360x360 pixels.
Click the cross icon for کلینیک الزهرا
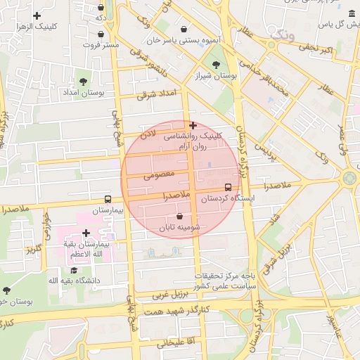point(37,15)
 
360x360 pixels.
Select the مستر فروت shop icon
point(101,34)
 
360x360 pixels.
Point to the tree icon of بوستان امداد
point(84,83)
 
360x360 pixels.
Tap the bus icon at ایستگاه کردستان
point(228,187)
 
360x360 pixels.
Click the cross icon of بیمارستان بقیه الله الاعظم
point(86,233)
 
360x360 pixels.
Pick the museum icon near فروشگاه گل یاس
point(352,13)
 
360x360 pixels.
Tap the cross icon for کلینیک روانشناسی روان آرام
point(193,125)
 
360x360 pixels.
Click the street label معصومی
point(157,174)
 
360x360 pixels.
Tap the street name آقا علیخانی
point(164,342)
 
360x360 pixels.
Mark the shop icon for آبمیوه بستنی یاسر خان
point(184,30)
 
